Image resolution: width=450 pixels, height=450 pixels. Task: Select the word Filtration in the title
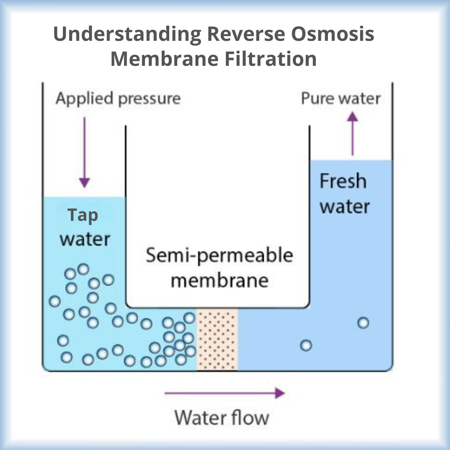pos(275,59)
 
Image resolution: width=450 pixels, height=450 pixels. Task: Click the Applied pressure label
pos(118,99)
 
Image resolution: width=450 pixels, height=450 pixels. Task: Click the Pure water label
pos(340,99)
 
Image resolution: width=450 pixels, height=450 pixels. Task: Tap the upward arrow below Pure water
pos(352,133)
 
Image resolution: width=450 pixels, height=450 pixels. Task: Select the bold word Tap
pos(83,215)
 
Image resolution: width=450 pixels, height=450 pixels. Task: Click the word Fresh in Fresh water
pos(343,182)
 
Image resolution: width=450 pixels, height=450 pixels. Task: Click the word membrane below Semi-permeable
pos(219,280)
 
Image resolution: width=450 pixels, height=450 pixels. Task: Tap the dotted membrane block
pos(217,339)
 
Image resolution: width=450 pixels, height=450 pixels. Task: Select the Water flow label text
pos(222,417)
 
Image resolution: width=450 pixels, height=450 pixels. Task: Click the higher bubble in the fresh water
pos(363,322)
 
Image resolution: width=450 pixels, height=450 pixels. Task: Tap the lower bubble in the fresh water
pos(306,345)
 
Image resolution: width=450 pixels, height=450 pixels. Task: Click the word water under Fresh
pos(344,207)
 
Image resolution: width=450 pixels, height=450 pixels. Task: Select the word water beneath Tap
pos(85,240)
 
